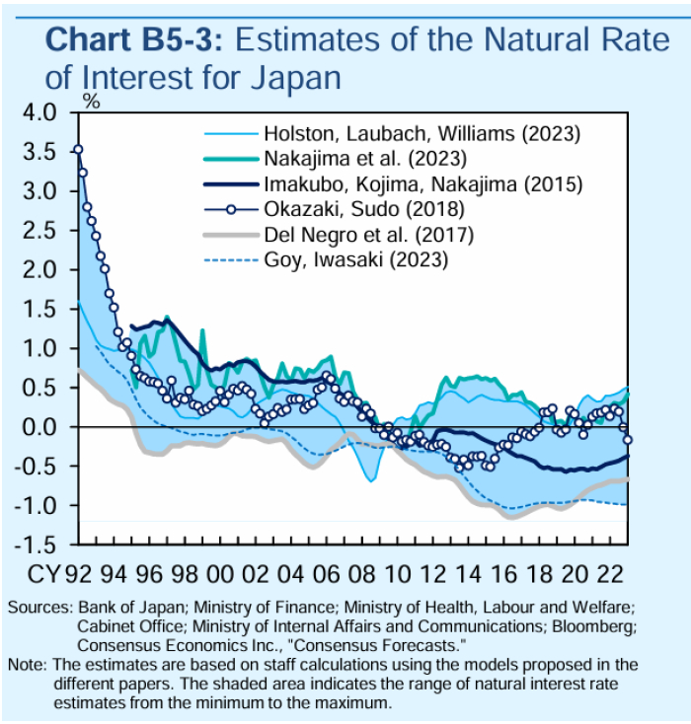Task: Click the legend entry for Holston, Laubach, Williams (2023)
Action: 421,132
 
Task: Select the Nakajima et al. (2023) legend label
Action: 364,158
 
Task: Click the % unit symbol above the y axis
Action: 91,100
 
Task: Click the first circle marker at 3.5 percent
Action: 78,150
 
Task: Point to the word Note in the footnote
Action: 24,663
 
